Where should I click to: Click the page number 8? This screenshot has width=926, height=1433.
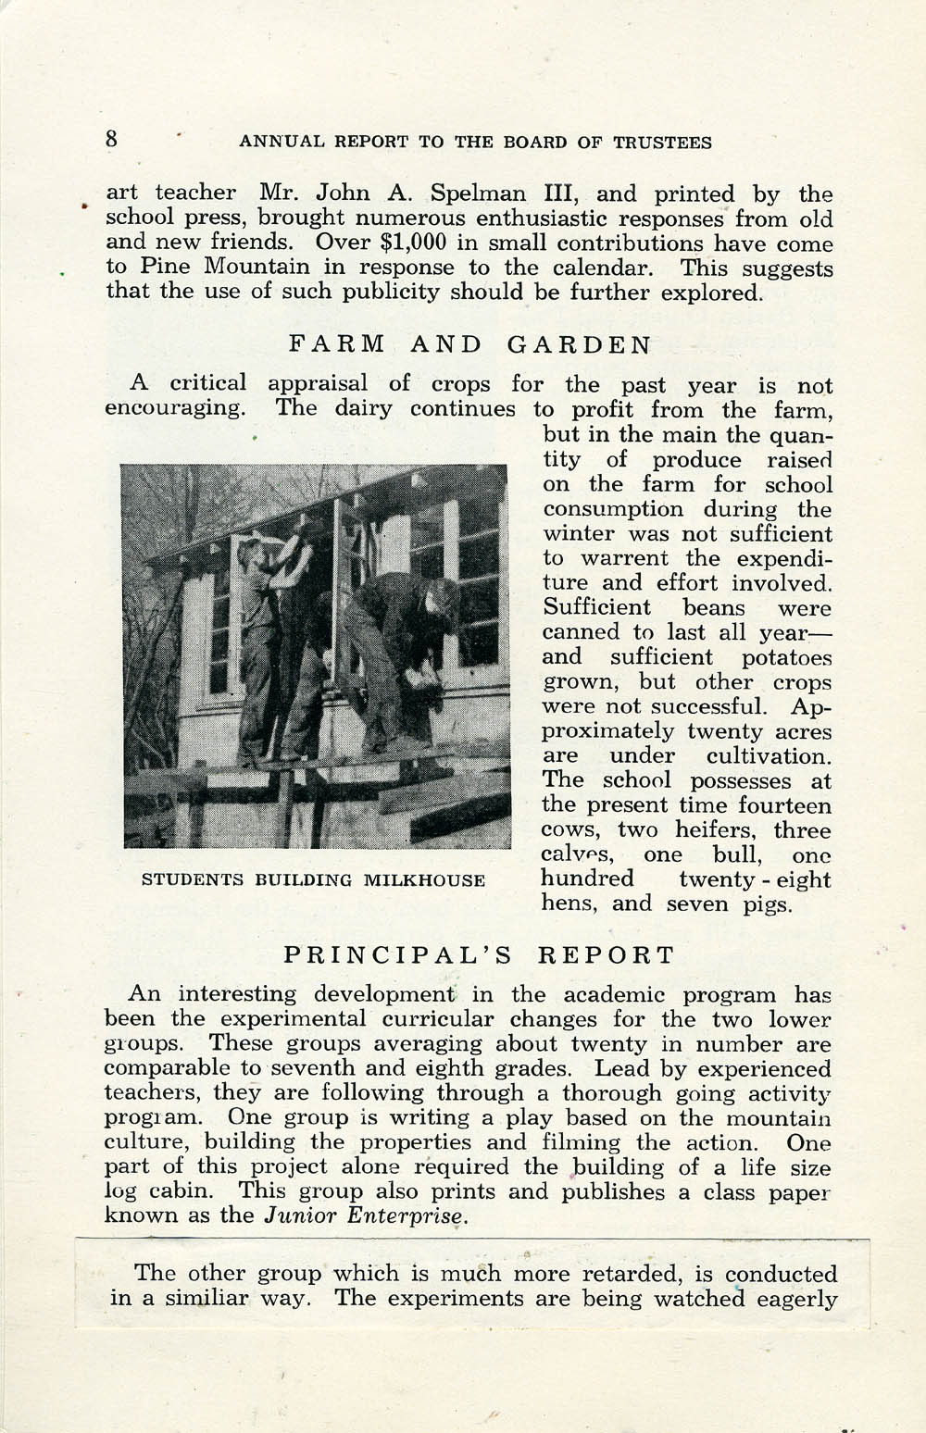pos(112,140)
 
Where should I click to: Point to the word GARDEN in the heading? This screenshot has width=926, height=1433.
pos(580,345)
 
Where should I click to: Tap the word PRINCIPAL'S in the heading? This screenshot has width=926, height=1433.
pos(397,954)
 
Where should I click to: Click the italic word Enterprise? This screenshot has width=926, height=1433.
pos(412,1215)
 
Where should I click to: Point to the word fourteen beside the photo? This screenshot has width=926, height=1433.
pos(784,805)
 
